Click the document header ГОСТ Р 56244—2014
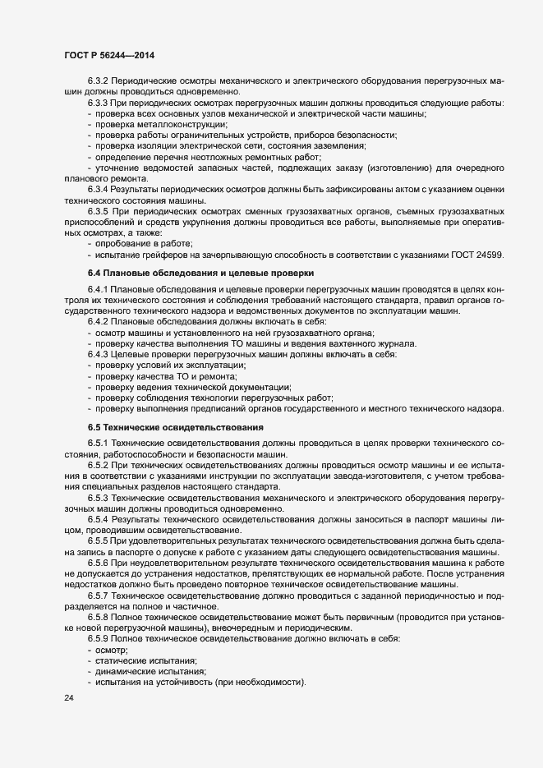coord(108,54)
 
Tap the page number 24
coord(68,698)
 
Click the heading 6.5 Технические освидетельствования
coord(175,428)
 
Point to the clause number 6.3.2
coord(99,81)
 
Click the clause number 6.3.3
coord(99,103)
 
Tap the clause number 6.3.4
coord(99,189)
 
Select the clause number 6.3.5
coord(99,210)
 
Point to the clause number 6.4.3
coord(99,353)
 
